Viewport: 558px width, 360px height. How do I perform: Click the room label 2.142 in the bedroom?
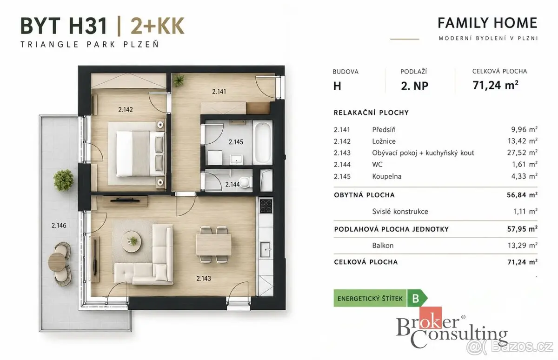tap(125, 110)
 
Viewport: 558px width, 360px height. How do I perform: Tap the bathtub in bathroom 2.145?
tap(263, 142)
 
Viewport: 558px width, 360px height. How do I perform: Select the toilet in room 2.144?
tap(245, 182)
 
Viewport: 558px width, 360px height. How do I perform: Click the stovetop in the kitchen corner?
tap(266, 206)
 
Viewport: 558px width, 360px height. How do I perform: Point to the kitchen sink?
tap(266, 249)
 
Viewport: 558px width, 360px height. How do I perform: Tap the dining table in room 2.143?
tap(213, 245)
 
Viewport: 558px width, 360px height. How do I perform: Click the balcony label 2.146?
tap(59, 226)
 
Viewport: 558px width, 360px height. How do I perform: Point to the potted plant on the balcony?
tap(63, 180)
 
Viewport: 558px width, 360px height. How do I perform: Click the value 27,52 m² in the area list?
tap(522, 152)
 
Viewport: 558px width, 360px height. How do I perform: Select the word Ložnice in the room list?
tap(384, 141)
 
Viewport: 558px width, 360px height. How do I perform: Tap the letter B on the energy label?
tap(416, 298)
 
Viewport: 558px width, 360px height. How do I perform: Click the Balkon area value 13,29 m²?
tap(522, 246)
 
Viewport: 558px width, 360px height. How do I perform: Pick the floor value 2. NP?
tap(414, 86)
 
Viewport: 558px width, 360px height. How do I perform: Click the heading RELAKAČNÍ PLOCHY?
tap(371, 113)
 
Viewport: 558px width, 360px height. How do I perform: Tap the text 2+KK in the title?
tap(158, 26)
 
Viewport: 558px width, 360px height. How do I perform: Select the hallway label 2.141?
tap(219, 92)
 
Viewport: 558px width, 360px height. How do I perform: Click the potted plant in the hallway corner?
tap(179, 80)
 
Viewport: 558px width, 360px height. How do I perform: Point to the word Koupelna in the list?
tap(387, 176)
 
